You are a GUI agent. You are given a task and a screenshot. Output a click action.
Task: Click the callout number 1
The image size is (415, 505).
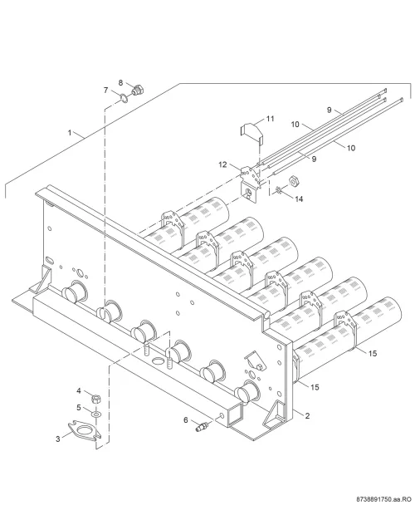pyautogui.click(x=70, y=132)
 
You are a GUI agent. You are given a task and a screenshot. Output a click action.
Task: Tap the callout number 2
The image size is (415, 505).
pyautogui.click(x=307, y=416)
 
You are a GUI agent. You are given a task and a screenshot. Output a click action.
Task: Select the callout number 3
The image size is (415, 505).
pyautogui.click(x=58, y=439)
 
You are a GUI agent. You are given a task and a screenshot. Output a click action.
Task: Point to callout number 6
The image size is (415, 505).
pyautogui.click(x=186, y=420)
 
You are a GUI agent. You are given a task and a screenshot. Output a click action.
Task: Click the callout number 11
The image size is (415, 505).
pyautogui.click(x=270, y=119)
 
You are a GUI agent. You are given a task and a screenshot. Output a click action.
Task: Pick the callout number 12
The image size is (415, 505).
pyautogui.click(x=222, y=164)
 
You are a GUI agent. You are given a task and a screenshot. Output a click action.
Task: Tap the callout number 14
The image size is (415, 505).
pyautogui.click(x=299, y=199)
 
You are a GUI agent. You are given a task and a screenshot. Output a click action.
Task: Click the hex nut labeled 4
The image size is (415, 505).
pyautogui.click(x=95, y=400)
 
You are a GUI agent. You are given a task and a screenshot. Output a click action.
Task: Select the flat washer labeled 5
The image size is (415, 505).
pyautogui.click(x=96, y=413)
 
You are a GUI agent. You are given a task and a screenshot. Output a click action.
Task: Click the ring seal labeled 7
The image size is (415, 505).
pyautogui.click(x=124, y=98)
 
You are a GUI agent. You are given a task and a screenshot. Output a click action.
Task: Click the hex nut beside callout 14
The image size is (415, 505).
pyautogui.click(x=293, y=181)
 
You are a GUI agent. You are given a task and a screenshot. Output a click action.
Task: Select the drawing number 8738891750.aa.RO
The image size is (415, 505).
pyautogui.click(x=386, y=499)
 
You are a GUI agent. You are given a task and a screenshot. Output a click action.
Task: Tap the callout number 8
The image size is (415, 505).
pyautogui.click(x=120, y=83)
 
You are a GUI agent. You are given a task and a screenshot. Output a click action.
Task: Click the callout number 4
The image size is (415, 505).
pyautogui.click(x=79, y=391)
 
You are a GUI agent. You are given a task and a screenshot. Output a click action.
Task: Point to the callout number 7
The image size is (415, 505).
pyautogui.click(x=105, y=90)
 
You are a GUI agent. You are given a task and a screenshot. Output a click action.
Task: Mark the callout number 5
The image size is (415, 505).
pyautogui.click(x=79, y=408)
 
